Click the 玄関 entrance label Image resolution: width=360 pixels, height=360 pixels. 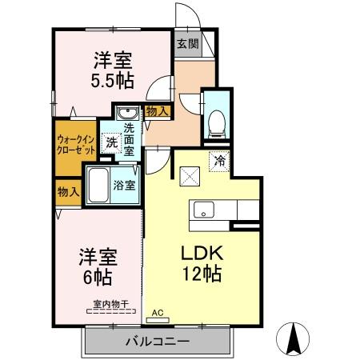pos(188,44)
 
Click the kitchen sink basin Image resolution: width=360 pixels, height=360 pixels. pos(202,211)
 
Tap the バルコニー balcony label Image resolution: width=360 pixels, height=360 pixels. pos(156,342)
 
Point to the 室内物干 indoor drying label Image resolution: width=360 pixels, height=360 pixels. pos(110,305)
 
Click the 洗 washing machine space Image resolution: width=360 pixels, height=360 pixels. pos(113,142)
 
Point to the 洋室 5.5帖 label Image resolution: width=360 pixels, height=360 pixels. pos(112,70)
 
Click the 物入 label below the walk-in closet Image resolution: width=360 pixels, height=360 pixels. pos(68,191)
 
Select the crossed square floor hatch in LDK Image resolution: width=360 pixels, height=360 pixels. pos(190,174)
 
